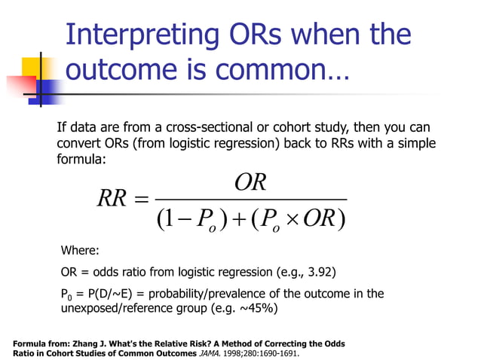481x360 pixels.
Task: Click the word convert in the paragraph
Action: click(79, 143)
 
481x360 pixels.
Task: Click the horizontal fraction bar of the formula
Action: click(250, 200)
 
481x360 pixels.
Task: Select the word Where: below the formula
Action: click(79, 251)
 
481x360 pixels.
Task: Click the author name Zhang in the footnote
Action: click(89, 343)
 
